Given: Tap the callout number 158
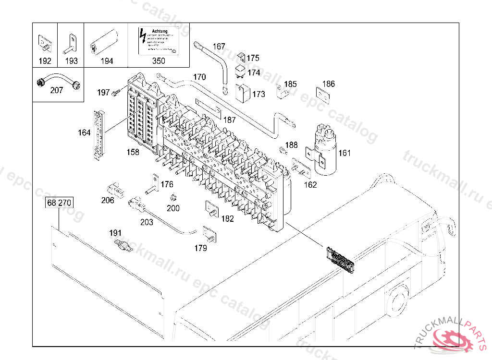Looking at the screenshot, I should tap(133, 152).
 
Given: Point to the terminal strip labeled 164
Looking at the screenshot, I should tap(99, 134).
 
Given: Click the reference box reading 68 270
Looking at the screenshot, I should tap(59, 203).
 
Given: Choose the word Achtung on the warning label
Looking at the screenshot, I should tap(160, 32).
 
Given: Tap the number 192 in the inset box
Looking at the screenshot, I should tap(45, 61).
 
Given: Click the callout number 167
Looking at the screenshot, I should tap(219, 47).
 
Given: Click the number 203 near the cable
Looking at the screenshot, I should tap(147, 222).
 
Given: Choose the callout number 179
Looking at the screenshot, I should tap(200, 248).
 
